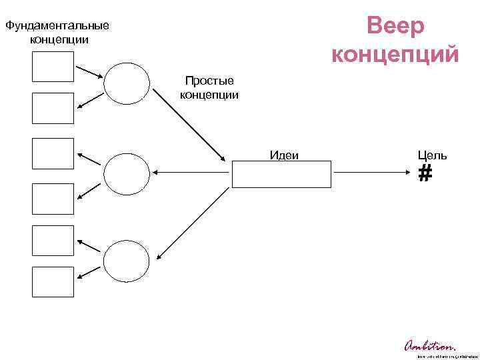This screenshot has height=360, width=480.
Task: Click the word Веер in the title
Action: point(395,27)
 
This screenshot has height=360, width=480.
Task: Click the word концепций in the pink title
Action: point(395,53)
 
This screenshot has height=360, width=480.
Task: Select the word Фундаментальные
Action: point(56,27)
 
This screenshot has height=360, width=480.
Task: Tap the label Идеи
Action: point(284,155)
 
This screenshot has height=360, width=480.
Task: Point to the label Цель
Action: point(432,155)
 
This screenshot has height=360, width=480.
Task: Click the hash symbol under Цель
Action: point(425,175)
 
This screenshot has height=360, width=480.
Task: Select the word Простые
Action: point(209,81)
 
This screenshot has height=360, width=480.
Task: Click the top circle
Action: point(125,83)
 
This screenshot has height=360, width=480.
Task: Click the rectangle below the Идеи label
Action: point(281,175)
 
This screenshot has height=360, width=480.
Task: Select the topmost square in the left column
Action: point(53,67)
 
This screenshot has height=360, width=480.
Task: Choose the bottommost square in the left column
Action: point(53,281)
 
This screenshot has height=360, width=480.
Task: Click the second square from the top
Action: point(53,109)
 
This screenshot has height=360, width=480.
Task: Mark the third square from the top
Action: point(53,154)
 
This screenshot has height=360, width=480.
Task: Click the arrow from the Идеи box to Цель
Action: point(373,173)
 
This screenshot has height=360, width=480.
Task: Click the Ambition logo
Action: point(431,346)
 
